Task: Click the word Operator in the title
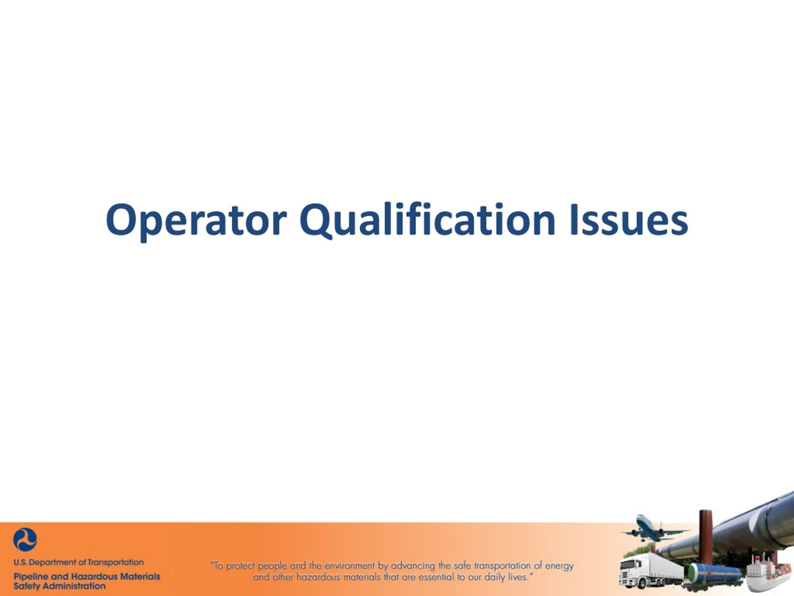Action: tap(196, 220)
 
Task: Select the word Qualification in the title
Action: tap(427, 220)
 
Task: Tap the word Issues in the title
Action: tap(628, 220)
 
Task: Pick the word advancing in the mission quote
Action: tap(413, 566)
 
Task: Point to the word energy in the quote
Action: tap(559, 566)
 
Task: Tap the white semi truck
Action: tap(646, 571)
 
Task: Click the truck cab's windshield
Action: tap(628, 564)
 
